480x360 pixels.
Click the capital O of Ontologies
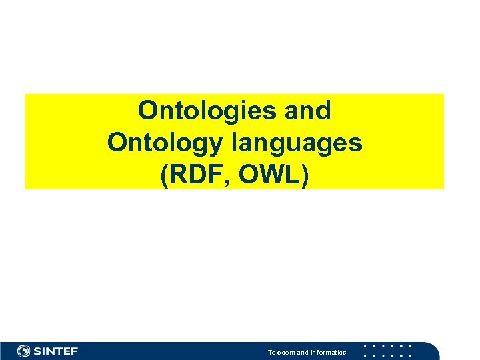click(147, 111)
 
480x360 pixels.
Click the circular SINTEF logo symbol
click(24, 351)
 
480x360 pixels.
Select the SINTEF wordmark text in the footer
click(56, 351)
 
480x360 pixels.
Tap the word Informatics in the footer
click(328, 352)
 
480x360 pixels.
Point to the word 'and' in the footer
click(303, 352)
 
